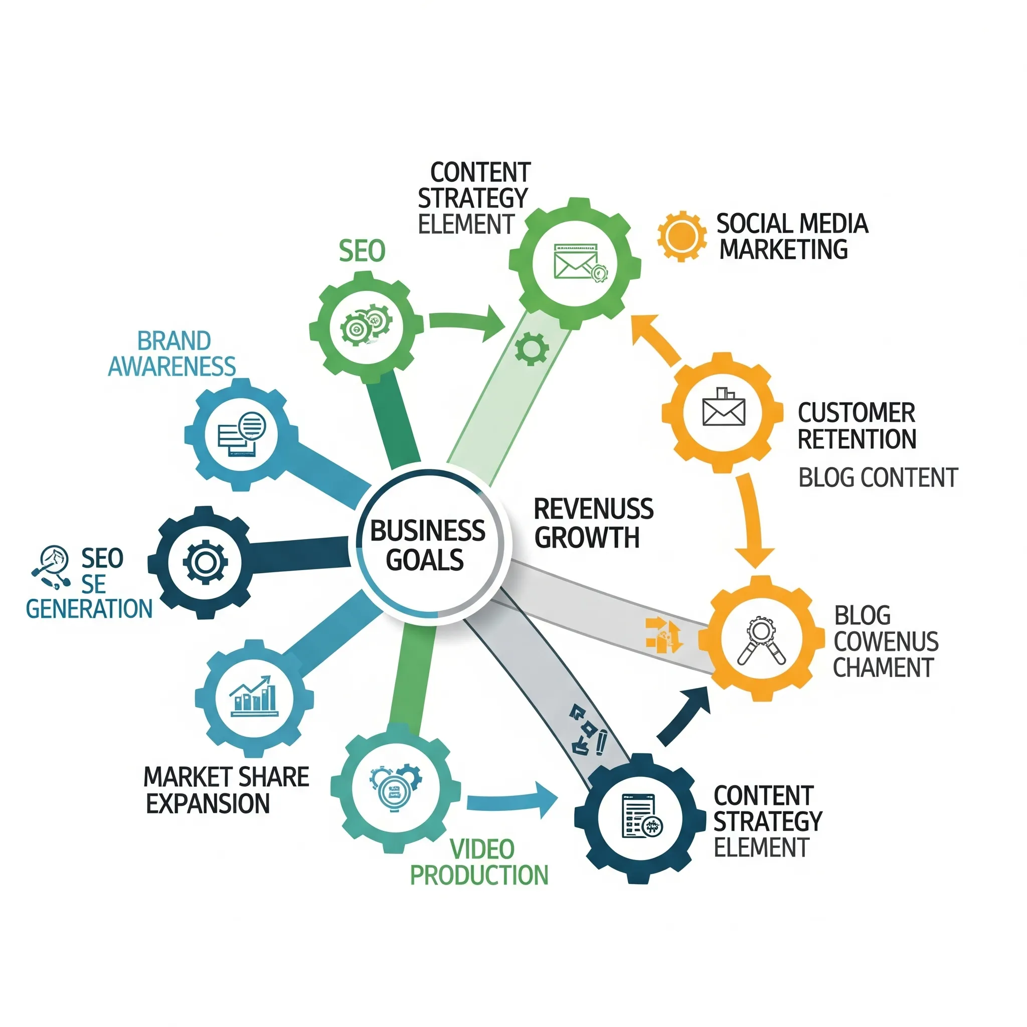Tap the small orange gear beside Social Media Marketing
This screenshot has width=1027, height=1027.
click(681, 236)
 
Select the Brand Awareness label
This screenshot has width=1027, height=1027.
click(172, 354)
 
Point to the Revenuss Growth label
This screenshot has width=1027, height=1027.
click(593, 523)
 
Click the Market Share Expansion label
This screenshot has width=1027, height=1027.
click(227, 790)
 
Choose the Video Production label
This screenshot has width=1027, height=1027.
click(479, 862)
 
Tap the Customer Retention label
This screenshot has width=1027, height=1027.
click(857, 426)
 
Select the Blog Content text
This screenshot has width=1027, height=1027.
click(878, 477)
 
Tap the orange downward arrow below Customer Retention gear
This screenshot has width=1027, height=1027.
click(754, 522)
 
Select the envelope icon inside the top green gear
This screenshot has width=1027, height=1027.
click(575, 262)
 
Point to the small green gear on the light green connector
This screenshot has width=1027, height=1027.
click(531, 349)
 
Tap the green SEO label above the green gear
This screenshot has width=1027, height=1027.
click(362, 251)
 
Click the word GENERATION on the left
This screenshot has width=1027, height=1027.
click(89, 609)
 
